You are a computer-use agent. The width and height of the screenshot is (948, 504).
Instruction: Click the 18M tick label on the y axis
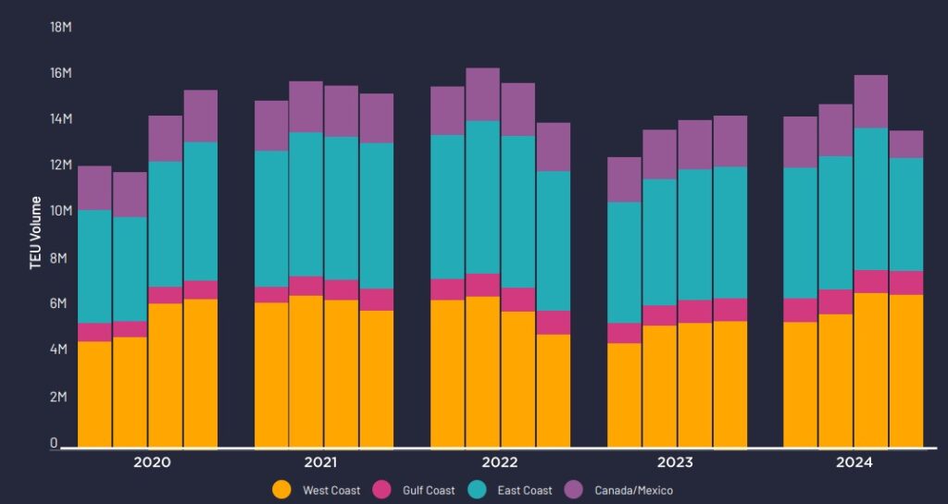coord(61,27)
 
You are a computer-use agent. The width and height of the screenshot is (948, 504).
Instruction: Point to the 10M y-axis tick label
coord(61,212)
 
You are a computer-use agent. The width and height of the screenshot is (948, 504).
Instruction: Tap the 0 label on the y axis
coord(54,443)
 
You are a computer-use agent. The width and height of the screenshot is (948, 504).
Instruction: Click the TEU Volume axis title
coord(35,232)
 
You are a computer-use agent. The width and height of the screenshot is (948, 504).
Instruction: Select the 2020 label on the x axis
coord(152,462)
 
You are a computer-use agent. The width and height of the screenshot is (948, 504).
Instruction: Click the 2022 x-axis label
coord(500,462)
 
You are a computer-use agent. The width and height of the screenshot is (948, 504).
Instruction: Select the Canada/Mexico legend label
coord(633,490)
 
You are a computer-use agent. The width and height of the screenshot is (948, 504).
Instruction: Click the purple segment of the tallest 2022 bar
coord(482,94)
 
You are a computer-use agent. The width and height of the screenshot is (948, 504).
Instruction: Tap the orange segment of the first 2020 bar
coord(94,394)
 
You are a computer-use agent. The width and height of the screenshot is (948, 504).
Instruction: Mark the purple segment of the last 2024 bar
coord(906,144)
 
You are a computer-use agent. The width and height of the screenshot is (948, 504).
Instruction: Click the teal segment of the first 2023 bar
coord(624,263)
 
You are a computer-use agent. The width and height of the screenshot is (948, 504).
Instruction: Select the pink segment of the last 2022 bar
coord(554,322)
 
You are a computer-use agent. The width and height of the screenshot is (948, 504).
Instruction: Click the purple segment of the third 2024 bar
coord(871,102)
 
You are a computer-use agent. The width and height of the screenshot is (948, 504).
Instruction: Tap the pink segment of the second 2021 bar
coord(306,286)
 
